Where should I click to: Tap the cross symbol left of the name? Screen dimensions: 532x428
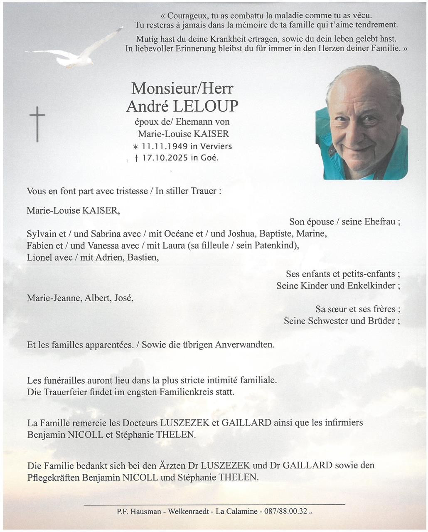click(37, 124)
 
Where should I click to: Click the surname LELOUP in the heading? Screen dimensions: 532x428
click(205, 106)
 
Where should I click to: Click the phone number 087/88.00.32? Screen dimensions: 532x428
click(285, 511)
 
